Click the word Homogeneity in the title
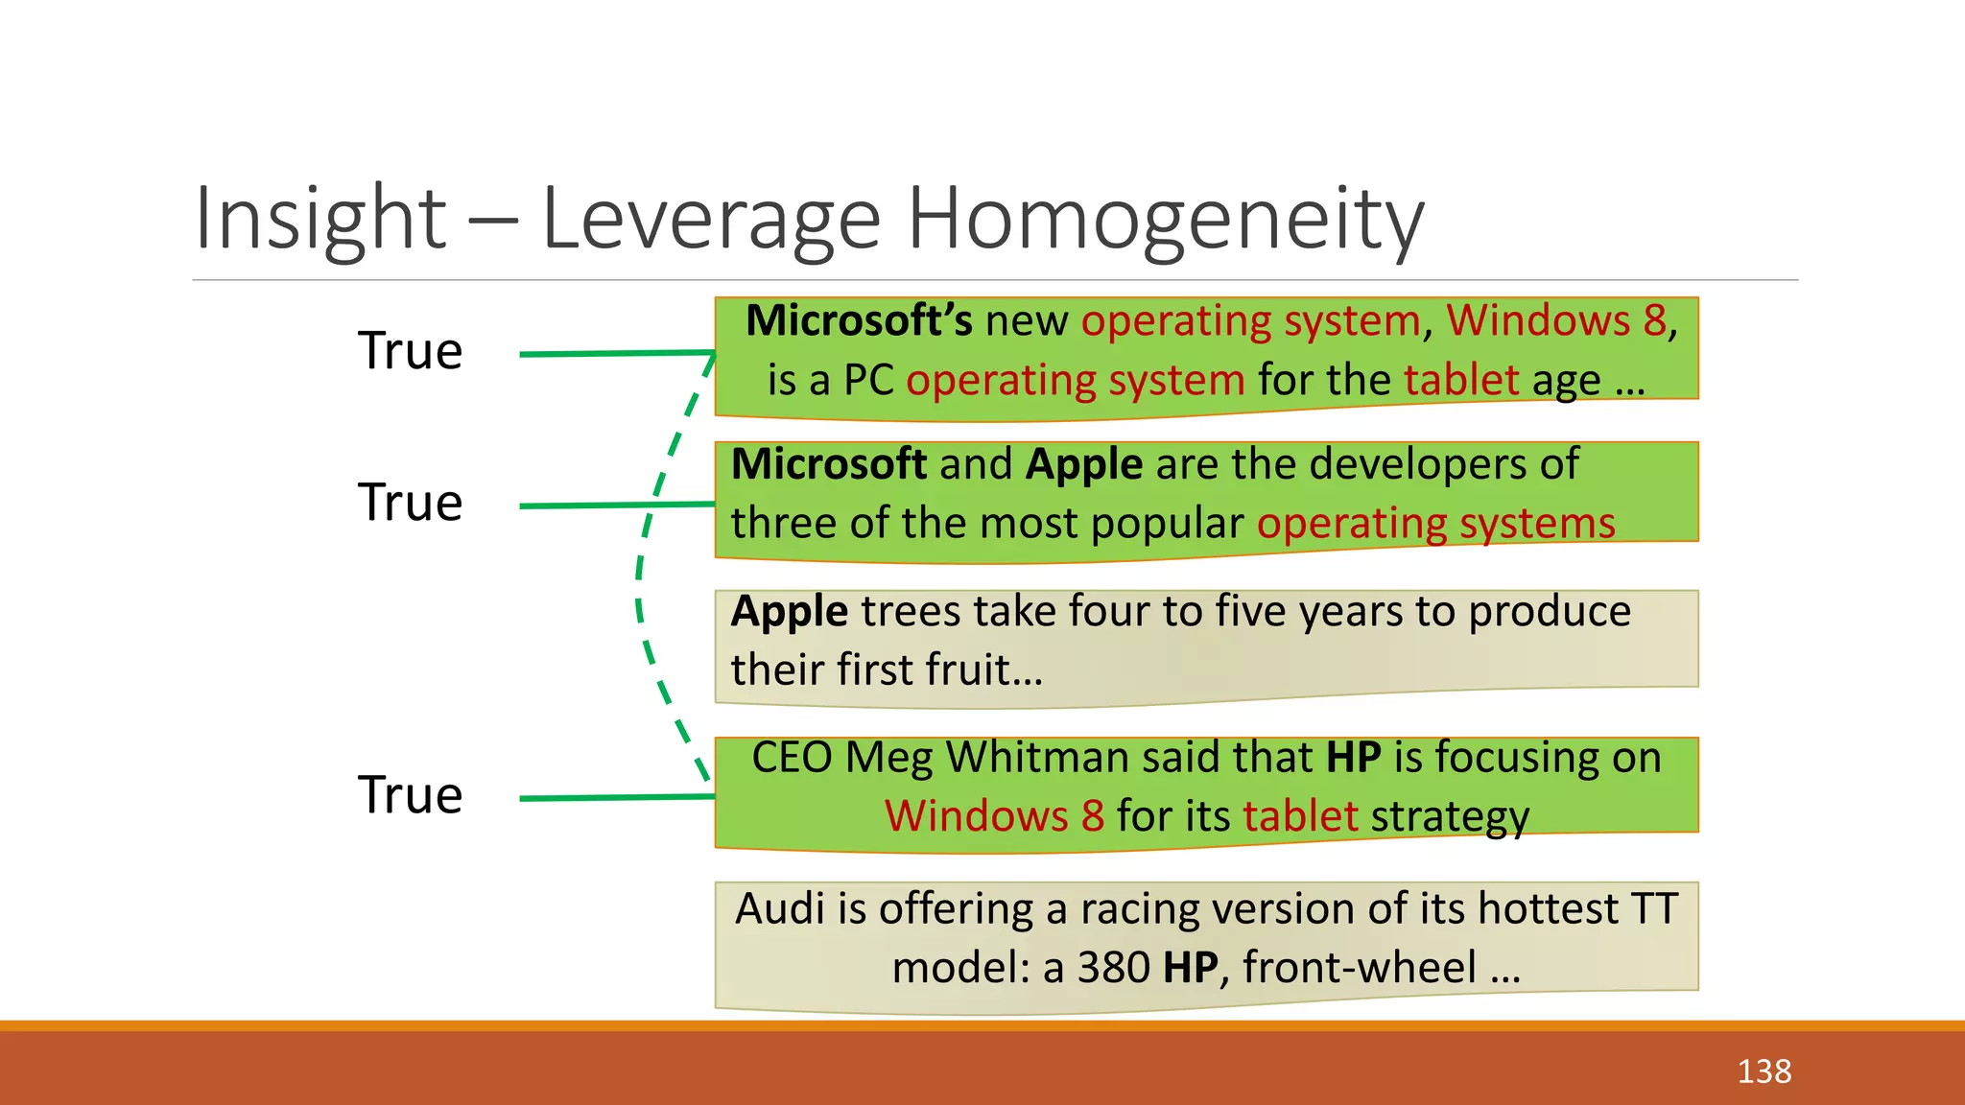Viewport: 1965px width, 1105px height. [1165, 220]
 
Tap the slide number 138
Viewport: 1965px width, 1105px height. [1764, 1070]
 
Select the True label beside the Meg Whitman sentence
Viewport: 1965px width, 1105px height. [410, 795]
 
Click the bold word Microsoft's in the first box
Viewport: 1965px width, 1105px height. [859, 320]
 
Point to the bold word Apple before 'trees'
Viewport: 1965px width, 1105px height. [789, 612]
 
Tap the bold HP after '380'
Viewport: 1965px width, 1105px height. [1190, 968]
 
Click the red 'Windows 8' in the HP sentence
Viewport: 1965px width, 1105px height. [994, 816]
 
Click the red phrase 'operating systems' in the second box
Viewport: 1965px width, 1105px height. [1435, 524]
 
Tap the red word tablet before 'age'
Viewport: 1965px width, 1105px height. [1461, 380]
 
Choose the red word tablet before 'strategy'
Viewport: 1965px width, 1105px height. [1300, 816]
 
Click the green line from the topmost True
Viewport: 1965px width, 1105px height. [614, 354]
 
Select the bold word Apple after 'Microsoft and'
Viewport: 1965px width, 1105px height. [1083, 465]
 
